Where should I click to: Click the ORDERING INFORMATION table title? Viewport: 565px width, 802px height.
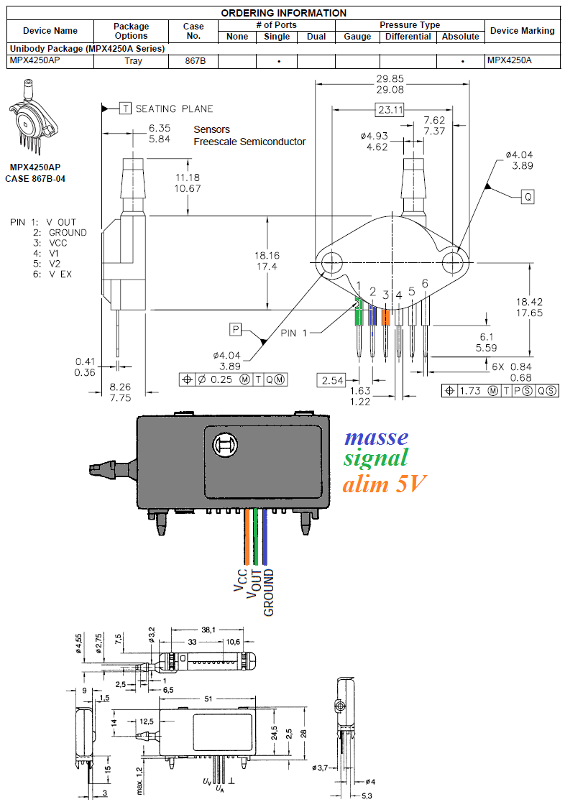coord(283,13)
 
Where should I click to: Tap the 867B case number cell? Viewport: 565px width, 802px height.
coord(193,61)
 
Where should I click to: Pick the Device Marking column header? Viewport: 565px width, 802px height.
coord(522,31)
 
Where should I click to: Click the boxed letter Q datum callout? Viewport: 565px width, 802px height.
coord(528,196)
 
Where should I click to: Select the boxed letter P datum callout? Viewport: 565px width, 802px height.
coord(235,329)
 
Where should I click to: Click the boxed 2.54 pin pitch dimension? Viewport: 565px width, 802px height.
coord(332,380)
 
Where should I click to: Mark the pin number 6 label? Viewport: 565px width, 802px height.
coord(425,284)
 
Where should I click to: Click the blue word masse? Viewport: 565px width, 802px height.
coord(376,437)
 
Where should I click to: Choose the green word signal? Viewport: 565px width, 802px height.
coord(375,458)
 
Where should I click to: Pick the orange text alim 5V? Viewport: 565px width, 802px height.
coord(383,484)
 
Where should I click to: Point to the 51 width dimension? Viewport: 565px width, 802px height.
coord(207,698)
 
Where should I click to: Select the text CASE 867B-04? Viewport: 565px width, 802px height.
coord(35,178)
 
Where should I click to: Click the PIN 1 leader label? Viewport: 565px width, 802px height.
coord(298,333)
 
